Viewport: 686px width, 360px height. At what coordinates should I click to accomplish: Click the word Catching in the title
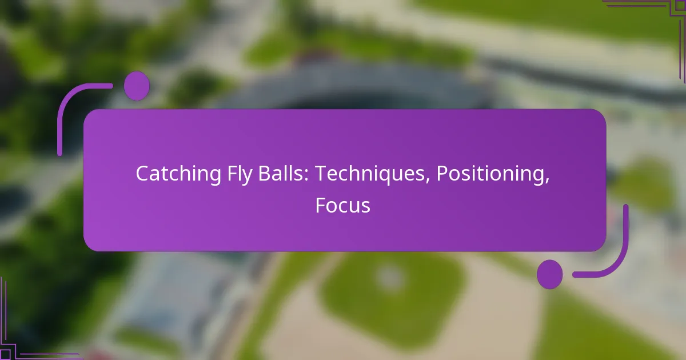point(171,174)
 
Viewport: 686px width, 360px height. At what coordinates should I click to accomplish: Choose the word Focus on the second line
point(342,205)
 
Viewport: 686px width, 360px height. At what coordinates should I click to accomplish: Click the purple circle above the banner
point(137,86)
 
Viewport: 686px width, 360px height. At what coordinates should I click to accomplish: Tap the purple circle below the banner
point(549,274)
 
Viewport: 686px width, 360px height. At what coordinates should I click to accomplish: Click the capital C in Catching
point(141,174)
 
